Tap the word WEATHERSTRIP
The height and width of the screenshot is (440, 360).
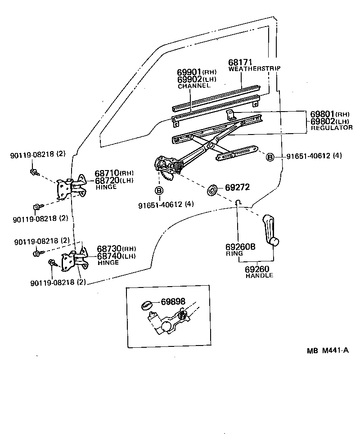[254, 69]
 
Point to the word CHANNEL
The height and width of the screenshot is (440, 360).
[194, 85]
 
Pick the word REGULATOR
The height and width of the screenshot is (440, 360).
[332, 128]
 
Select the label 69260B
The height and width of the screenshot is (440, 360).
[240, 247]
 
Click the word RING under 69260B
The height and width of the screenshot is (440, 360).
[234, 253]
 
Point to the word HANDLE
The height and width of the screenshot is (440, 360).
[259, 275]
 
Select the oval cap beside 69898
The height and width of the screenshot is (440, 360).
[148, 305]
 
